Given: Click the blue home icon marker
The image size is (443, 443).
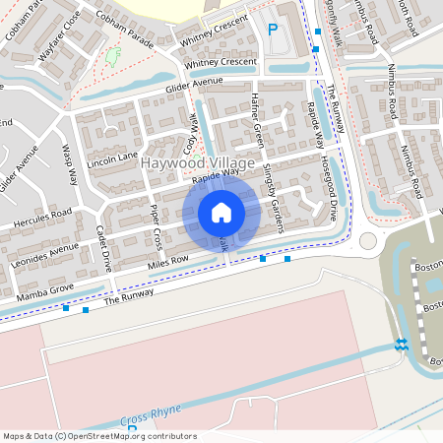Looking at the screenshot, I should pos(221,213).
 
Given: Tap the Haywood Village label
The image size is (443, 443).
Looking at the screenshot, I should pos(198,162).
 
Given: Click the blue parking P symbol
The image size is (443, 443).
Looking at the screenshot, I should pos(273,31).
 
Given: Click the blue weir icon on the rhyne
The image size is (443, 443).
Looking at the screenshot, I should pos(401,344).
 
